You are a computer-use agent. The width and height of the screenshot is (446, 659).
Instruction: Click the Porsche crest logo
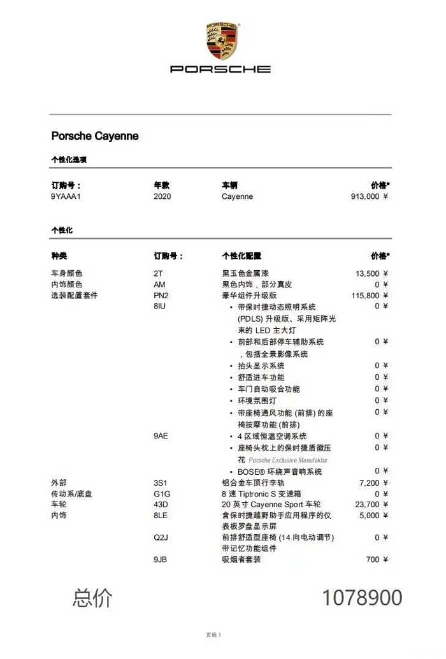tap(221, 41)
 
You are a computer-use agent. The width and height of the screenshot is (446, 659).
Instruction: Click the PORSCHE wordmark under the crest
tap(220, 69)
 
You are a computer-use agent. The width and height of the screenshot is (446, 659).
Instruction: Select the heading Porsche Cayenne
tap(95, 136)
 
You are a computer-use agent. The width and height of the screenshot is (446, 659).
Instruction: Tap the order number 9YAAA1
tap(66, 196)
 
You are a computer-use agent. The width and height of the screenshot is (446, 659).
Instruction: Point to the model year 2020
tap(162, 196)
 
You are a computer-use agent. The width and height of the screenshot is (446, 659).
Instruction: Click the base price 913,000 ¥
tap(370, 196)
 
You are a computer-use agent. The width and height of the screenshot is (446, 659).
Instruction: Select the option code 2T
tap(158, 273)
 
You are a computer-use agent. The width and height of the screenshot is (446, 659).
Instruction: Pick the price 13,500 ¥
tap(372, 273)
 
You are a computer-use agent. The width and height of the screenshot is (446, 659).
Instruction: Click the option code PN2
tap(161, 296)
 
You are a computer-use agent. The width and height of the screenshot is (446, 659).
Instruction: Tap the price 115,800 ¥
tap(370, 296)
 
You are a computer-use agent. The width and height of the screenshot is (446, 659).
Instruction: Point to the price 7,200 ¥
tap(374, 482)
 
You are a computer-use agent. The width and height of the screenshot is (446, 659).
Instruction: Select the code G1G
tap(162, 494)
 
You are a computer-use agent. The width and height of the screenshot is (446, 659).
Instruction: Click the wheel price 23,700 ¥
tap(372, 505)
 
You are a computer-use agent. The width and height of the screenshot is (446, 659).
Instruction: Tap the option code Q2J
tap(161, 537)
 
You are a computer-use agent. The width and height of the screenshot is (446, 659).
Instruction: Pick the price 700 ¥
tap(378, 560)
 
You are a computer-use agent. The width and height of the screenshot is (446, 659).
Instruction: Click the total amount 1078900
tap(362, 598)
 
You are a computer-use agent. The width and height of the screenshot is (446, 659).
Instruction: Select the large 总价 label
tap(92, 598)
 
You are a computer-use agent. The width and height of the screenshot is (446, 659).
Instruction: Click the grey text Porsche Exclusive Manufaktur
tap(288, 460)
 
